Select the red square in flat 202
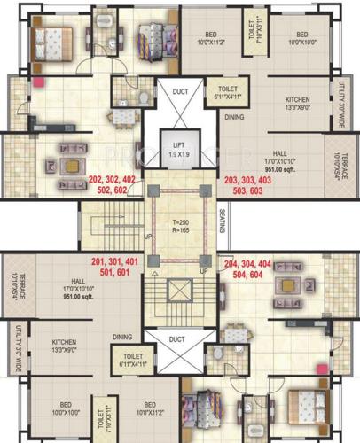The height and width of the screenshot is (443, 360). tap(39, 84)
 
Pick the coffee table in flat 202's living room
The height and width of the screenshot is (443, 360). tap(70, 164)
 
